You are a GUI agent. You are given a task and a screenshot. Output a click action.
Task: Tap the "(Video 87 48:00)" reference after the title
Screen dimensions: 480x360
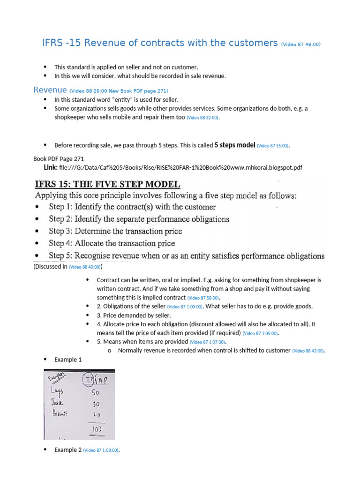click(x=300, y=45)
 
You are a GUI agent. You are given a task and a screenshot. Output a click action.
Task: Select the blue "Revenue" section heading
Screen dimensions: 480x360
click(x=50, y=90)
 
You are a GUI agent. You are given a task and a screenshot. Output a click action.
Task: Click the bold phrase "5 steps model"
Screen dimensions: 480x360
click(x=234, y=145)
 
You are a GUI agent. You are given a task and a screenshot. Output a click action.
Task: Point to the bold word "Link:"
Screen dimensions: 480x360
click(x=51, y=167)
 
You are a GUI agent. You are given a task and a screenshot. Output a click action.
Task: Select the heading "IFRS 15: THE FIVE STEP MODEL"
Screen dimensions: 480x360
click(x=107, y=185)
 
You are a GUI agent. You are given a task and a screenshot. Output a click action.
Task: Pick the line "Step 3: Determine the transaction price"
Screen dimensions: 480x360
click(x=115, y=231)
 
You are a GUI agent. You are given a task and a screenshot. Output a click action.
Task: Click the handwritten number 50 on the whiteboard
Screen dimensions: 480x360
click(x=95, y=392)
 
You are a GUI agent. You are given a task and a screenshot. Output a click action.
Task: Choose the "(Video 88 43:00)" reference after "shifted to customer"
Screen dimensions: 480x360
click(x=308, y=351)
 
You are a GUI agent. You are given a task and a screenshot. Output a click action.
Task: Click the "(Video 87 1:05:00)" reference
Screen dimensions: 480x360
click(x=260, y=333)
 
